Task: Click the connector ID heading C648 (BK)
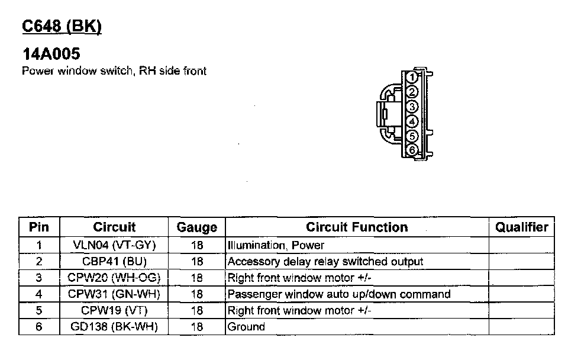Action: click(62, 27)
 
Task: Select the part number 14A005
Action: click(51, 54)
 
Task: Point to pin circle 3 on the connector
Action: click(413, 107)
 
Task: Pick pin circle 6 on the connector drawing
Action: click(413, 150)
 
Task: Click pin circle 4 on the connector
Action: click(413, 121)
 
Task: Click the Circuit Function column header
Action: click(357, 227)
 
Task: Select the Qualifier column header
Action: click(521, 227)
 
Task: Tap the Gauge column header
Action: click(197, 227)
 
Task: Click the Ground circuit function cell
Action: click(247, 327)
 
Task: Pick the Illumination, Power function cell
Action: click(276, 245)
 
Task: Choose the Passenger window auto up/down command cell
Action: click(339, 294)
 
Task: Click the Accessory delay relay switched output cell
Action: click(325, 261)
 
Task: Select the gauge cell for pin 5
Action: click(197, 310)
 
